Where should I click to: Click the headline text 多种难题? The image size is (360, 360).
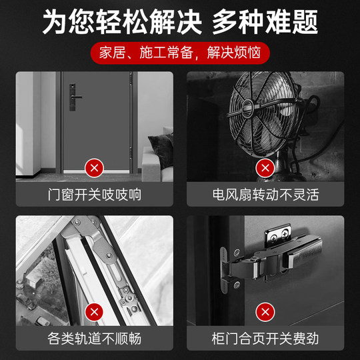pyautogui.click(x=265, y=22)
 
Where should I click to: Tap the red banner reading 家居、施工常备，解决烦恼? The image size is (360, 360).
pyautogui.click(x=179, y=52)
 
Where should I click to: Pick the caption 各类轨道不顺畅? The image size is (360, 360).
pyautogui.click(x=95, y=338)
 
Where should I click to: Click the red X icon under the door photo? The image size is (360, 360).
pyautogui.click(x=95, y=167)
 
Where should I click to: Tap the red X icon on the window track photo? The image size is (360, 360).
pyautogui.click(x=95, y=311)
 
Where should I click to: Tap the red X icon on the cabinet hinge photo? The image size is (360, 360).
pyautogui.click(x=265, y=311)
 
